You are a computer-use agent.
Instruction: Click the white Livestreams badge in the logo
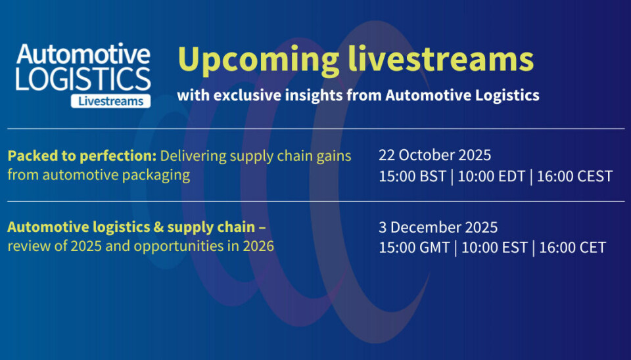click(110, 101)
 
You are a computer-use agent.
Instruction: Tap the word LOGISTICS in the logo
click(83, 79)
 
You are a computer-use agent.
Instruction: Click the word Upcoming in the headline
click(258, 60)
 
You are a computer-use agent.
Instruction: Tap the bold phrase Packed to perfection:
click(82, 156)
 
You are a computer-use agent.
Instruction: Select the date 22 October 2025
click(434, 155)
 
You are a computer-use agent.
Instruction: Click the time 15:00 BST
click(413, 177)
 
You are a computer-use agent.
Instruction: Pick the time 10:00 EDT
click(492, 177)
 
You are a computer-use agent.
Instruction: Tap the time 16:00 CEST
click(574, 177)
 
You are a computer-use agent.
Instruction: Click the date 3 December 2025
click(438, 228)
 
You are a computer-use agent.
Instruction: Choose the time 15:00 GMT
click(414, 248)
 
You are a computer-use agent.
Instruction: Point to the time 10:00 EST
click(494, 248)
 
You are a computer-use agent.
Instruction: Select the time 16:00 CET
click(573, 248)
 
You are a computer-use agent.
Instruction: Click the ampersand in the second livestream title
click(157, 227)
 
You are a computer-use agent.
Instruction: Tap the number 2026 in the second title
click(258, 246)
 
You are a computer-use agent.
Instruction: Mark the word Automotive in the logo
click(83, 54)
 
